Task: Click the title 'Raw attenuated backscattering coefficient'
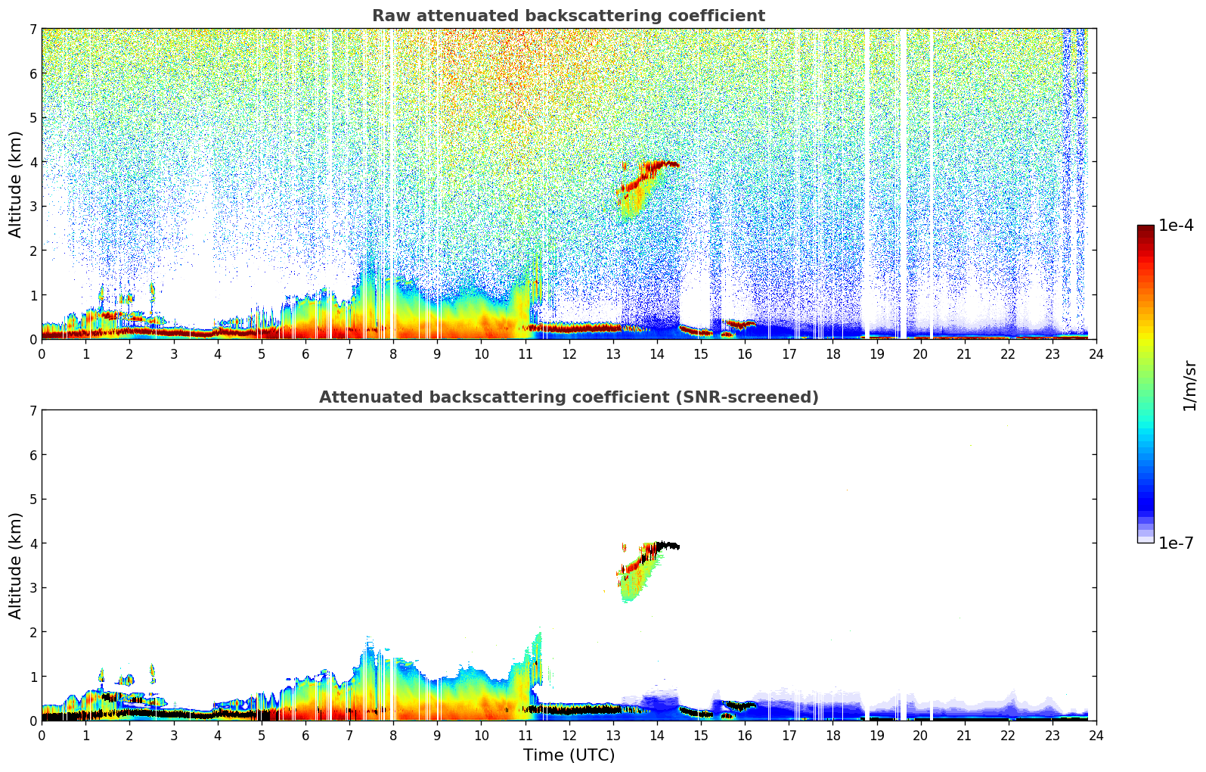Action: pos(568,16)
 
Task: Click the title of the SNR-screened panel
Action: pos(568,397)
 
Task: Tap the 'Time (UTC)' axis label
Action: pos(569,755)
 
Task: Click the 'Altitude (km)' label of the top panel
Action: pos(16,184)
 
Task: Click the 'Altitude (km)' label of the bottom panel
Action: pos(16,565)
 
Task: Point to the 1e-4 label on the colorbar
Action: pos(1176,226)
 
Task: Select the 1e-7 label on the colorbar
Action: pos(1176,543)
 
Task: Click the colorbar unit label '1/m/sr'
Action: pos(1189,384)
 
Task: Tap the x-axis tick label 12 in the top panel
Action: pos(569,353)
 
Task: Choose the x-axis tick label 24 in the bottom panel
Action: pos(1096,735)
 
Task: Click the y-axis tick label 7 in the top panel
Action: pos(33,30)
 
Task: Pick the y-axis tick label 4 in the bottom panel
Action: pos(33,543)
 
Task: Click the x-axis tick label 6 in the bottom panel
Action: pos(305,735)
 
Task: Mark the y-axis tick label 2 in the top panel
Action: pos(33,251)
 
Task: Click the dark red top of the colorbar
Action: pos(1145,229)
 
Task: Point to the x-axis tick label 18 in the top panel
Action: pos(832,353)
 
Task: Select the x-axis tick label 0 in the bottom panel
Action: pos(42,735)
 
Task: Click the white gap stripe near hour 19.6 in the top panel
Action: pos(903,182)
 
